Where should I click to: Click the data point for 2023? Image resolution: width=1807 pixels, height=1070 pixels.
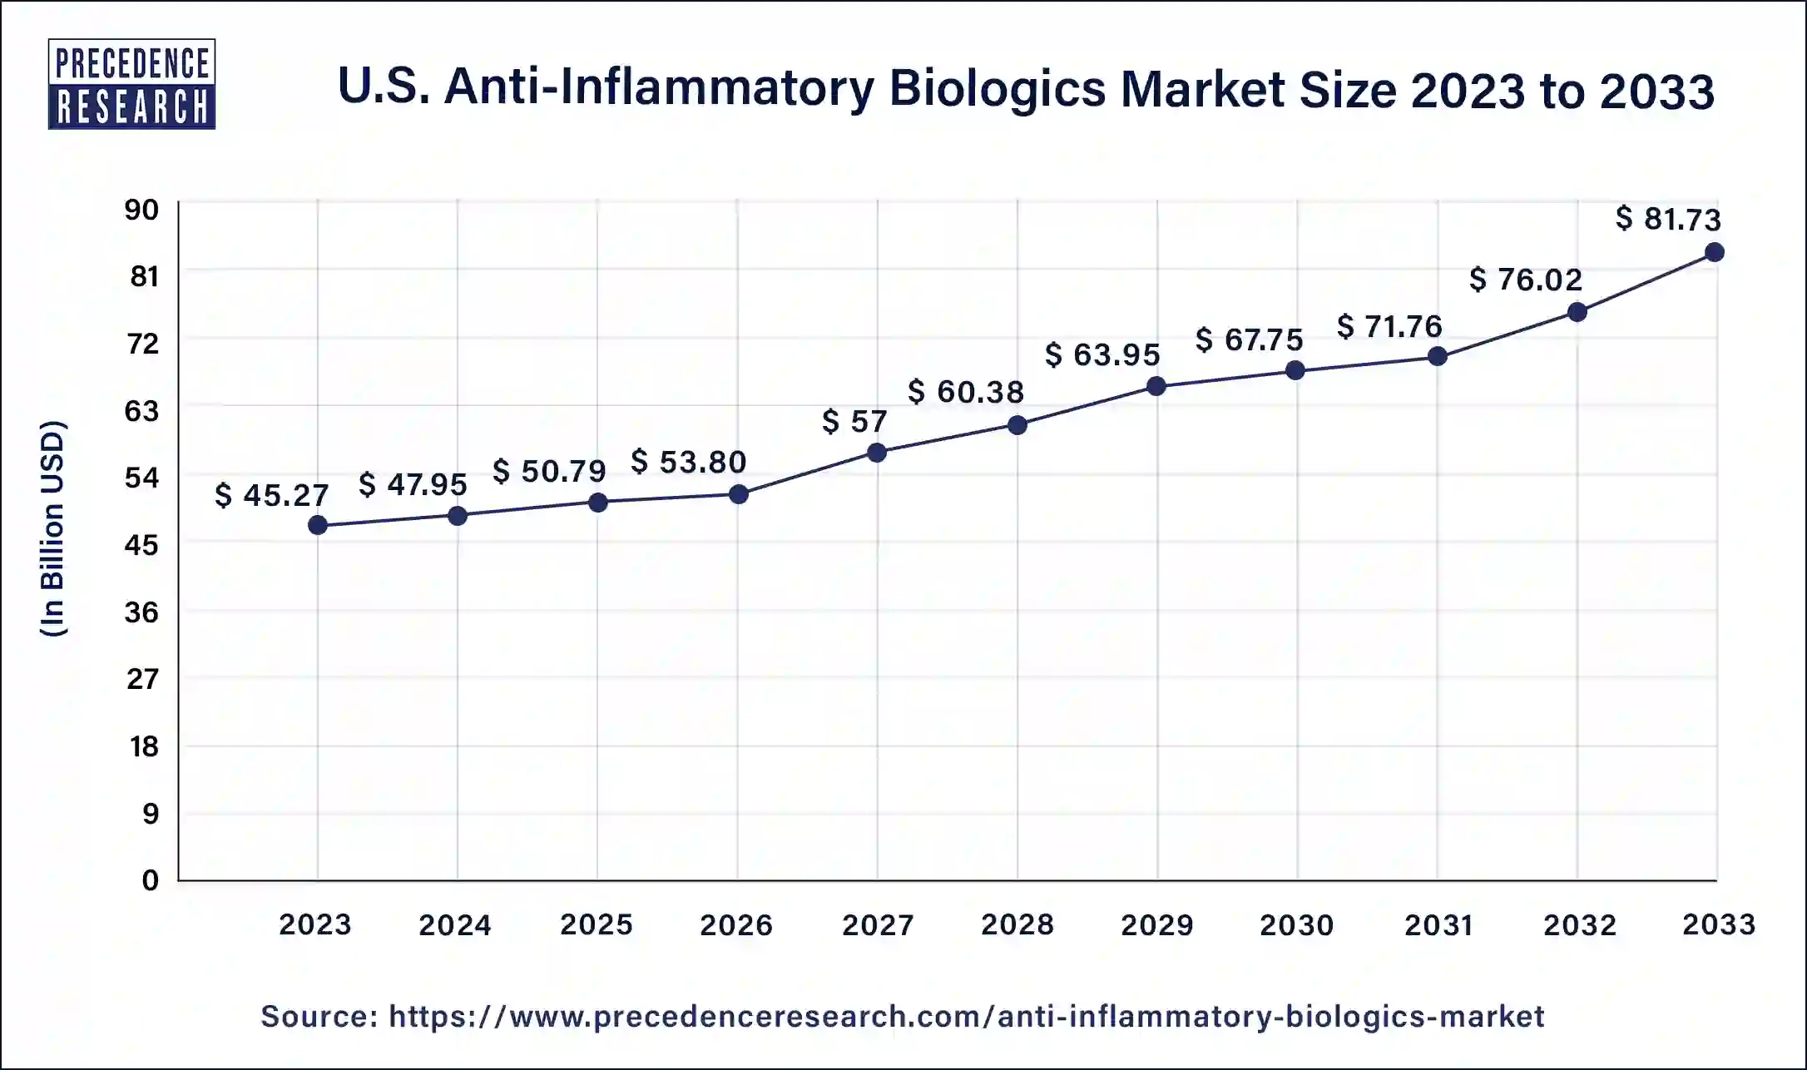click(x=317, y=525)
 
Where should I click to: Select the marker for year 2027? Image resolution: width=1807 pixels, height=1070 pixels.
click(x=877, y=453)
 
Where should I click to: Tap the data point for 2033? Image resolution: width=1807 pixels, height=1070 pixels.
click(x=1715, y=252)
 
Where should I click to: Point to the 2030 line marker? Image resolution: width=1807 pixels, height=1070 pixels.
click(x=1295, y=370)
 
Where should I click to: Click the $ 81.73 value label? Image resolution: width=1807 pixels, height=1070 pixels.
click(x=1668, y=219)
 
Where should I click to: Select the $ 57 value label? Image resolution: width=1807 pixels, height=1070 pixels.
click(x=854, y=421)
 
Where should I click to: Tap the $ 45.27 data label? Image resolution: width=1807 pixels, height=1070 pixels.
click(x=272, y=495)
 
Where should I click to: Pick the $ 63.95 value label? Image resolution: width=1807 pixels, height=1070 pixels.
click(x=1102, y=355)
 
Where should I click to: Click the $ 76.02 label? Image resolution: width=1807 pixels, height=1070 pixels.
click(x=1526, y=280)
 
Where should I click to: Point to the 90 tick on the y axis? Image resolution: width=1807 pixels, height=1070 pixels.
click(x=141, y=210)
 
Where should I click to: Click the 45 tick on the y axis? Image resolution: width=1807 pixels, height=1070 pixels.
click(x=141, y=545)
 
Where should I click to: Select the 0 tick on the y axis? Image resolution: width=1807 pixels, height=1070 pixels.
click(x=150, y=880)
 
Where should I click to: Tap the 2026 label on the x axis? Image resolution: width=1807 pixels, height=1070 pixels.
click(x=736, y=924)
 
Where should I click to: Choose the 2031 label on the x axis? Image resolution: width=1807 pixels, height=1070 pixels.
click(x=1438, y=924)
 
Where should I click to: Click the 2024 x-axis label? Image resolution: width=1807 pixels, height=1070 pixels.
click(x=455, y=924)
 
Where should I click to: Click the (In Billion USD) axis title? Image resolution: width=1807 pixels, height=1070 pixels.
click(x=52, y=529)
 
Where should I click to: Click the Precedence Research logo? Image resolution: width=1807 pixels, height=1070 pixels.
click(x=131, y=84)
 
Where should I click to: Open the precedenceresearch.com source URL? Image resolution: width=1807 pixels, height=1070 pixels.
click(x=966, y=1016)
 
